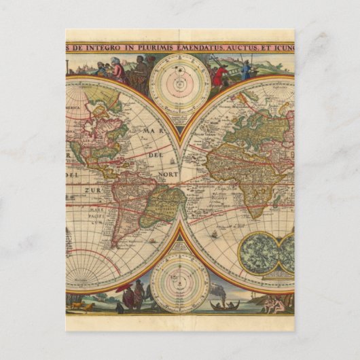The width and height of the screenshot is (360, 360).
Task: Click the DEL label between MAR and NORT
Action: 158,153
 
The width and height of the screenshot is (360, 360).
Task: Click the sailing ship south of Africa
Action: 215,235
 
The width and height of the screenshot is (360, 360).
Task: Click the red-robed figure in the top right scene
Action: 219,77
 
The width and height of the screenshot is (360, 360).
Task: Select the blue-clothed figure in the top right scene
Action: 246,71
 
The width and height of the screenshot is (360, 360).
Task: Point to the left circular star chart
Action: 260,253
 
